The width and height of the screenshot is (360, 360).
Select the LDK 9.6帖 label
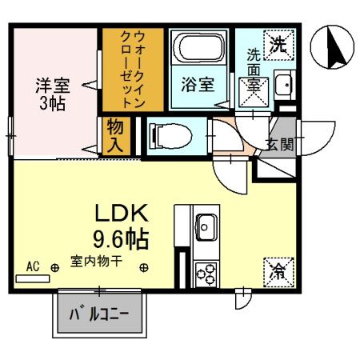(122, 225)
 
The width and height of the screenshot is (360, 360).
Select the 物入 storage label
(114, 135)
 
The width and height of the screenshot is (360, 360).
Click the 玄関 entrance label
(281, 145)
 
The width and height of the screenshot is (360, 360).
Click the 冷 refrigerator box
(276, 270)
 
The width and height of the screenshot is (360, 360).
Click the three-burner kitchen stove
(205, 273)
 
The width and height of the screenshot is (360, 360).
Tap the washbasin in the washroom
(282, 83)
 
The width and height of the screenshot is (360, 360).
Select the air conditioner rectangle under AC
(31, 278)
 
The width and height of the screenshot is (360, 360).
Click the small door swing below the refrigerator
(240, 300)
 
